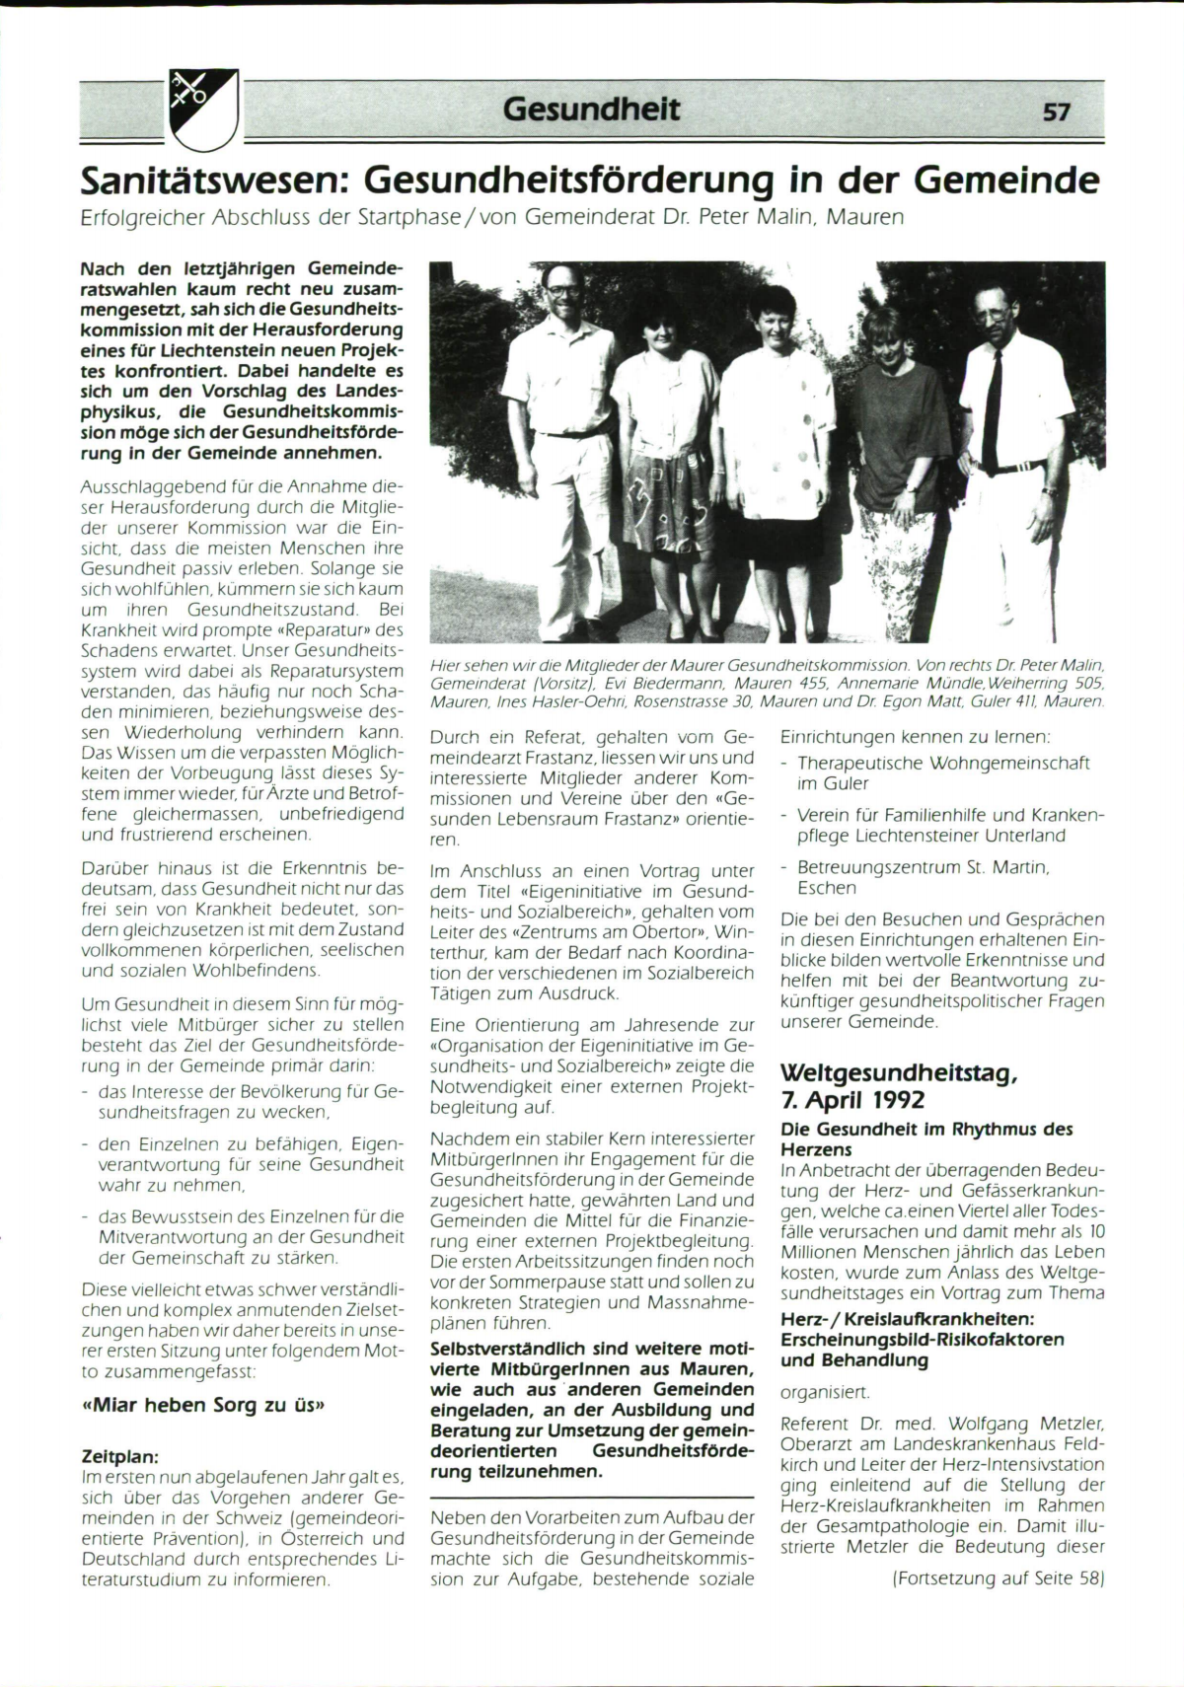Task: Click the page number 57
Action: (1056, 111)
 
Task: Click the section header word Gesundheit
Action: (591, 108)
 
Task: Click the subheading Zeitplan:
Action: (119, 1456)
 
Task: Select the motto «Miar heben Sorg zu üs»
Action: (202, 1405)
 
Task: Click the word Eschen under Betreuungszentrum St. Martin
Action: (827, 888)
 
